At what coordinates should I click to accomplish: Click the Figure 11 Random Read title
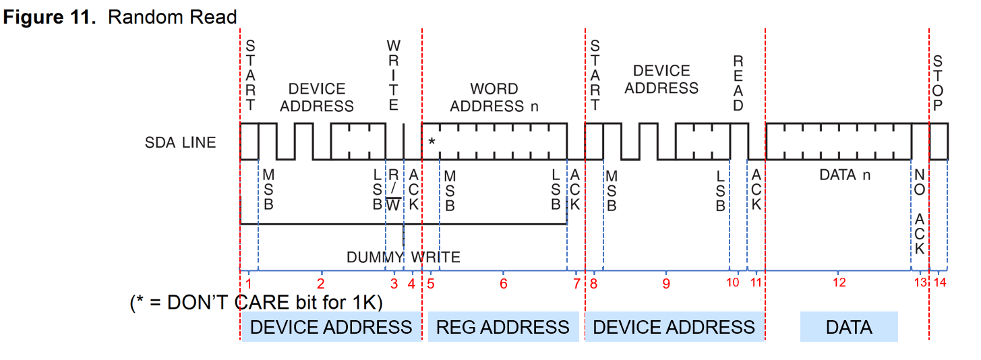coord(121,17)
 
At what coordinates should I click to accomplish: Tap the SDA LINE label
coord(181,142)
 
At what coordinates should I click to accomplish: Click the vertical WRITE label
coord(394,75)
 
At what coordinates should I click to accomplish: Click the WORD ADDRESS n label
coord(494,98)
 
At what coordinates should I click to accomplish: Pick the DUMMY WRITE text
coord(403,257)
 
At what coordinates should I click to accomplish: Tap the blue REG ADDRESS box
coord(503,327)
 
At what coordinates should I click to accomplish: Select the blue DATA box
coord(849,327)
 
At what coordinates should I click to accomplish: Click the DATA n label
coord(845,175)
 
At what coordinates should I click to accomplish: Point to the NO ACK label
coord(920,211)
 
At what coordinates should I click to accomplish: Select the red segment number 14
coord(940,282)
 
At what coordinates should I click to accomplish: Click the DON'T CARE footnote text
coord(256,303)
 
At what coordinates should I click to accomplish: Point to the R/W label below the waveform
coord(394,190)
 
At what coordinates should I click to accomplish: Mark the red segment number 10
coord(733,282)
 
